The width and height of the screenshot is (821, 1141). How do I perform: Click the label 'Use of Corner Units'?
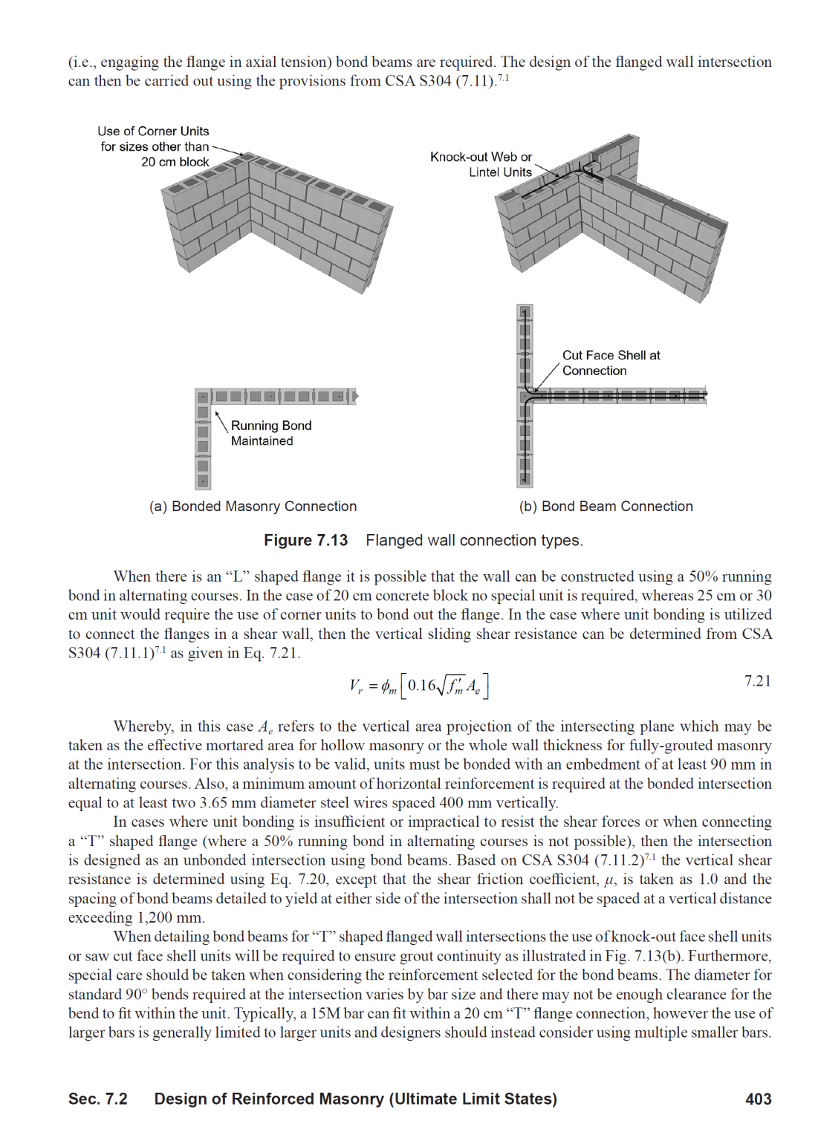tap(153, 131)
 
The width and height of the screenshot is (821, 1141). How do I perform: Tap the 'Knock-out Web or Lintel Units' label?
tap(481, 164)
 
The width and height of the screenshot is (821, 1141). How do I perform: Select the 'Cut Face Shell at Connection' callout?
tap(611, 363)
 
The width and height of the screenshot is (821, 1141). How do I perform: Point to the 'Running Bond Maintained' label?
tap(270, 433)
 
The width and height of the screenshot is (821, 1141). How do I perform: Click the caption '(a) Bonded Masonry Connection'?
tap(253, 506)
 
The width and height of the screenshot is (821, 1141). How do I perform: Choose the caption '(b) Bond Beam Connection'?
tap(606, 506)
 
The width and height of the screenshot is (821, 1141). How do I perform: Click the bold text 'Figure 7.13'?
tap(305, 540)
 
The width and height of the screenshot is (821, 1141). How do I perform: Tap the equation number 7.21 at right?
tap(757, 681)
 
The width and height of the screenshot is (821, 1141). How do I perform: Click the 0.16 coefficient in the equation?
tap(421, 685)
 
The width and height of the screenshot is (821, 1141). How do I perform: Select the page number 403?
tap(758, 1099)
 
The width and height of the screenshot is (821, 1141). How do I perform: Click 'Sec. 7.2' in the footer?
tap(97, 1099)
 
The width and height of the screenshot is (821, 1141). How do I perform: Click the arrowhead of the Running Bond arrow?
tap(217, 414)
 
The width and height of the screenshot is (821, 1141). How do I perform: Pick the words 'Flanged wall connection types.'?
tap(474, 540)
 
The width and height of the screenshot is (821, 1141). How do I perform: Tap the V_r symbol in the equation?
tap(356, 686)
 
